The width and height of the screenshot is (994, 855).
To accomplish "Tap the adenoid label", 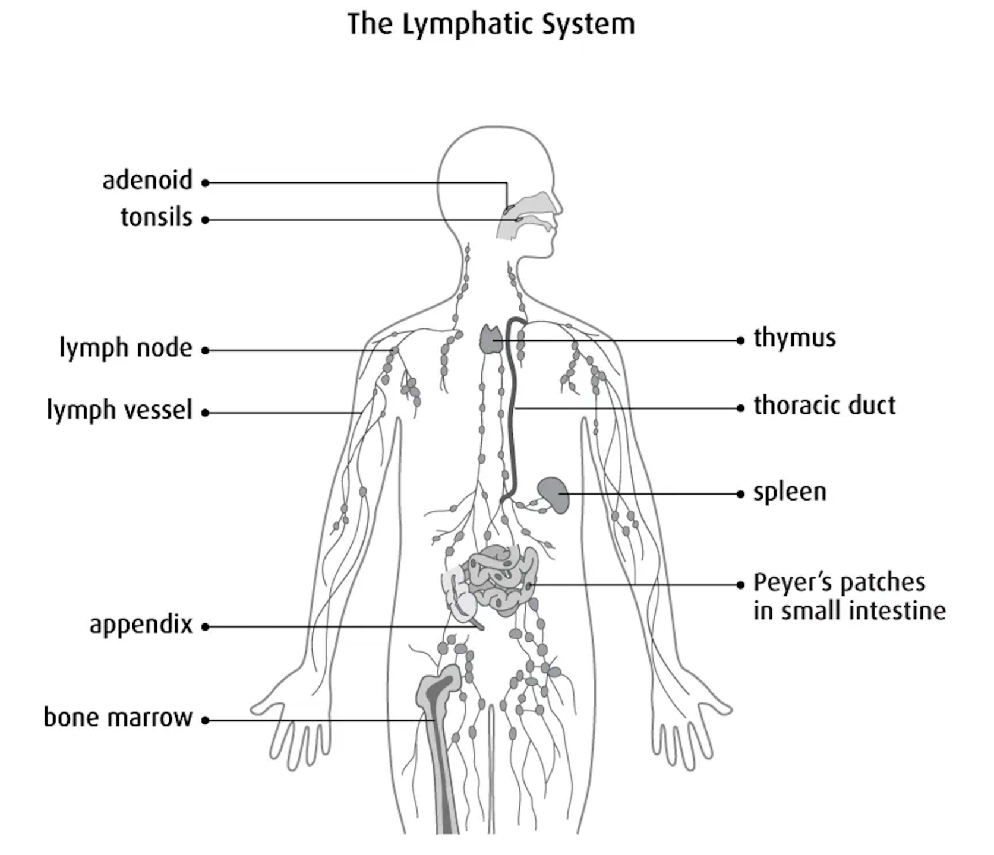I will [x=147, y=180].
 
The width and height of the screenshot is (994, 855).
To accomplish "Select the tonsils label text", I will [x=156, y=217].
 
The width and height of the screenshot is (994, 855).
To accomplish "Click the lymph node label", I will [x=125, y=348].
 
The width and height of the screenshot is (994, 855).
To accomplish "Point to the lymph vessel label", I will [x=119, y=410].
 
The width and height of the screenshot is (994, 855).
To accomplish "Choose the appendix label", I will [x=141, y=625].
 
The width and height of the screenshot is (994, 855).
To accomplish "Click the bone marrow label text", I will [x=118, y=718].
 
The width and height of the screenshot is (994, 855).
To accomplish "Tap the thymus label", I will [x=794, y=338].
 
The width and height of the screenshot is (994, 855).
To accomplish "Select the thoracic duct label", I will [x=824, y=406].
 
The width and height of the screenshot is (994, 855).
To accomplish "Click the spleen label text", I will [x=790, y=492].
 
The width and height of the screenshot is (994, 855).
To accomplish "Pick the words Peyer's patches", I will [x=839, y=582].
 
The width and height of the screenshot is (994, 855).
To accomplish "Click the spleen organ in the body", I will [x=554, y=494].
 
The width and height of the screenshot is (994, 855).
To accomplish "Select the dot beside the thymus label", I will [x=740, y=340].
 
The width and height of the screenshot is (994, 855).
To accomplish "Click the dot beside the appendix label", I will [x=205, y=626].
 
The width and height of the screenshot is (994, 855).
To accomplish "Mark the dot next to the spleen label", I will [x=740, y=494].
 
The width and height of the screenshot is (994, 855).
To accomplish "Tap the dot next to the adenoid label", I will [x=205, y=183].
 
